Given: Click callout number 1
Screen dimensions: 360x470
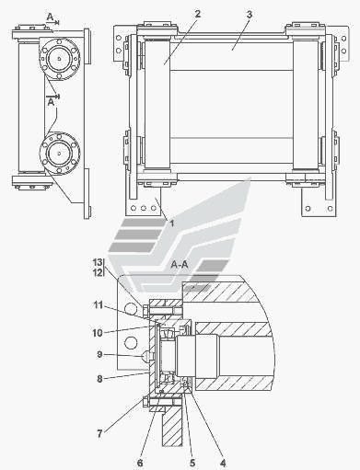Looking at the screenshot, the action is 172,224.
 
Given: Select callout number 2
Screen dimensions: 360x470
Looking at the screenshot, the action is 198,14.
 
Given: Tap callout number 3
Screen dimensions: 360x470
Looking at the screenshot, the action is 250,15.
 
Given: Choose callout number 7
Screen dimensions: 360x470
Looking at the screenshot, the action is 99,434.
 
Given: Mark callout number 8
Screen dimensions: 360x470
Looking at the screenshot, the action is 99,379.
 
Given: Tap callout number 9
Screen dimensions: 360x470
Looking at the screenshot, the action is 99,355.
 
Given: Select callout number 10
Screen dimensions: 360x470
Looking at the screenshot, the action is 98,333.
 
